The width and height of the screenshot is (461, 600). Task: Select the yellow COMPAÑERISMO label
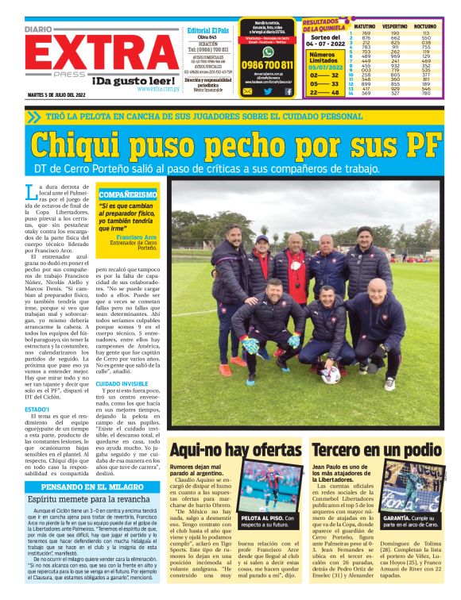pos(127,194)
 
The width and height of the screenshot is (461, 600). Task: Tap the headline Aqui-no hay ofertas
pos(235,449)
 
